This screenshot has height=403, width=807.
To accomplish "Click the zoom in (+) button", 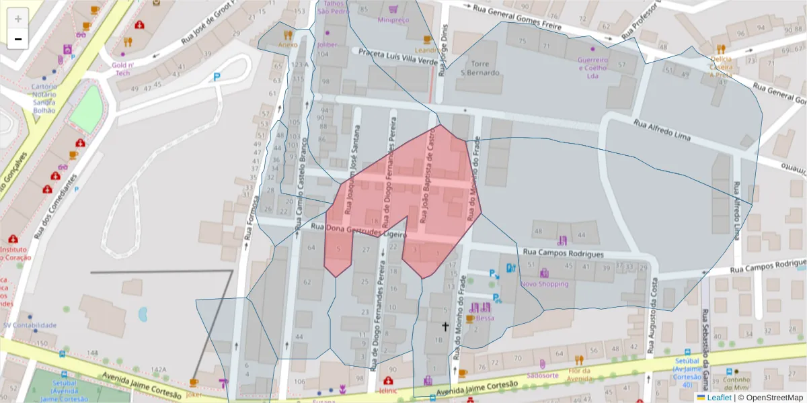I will point(17,19).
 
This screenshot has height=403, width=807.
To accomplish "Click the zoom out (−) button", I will point(17,39).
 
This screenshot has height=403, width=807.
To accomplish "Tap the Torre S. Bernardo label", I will point(477,67).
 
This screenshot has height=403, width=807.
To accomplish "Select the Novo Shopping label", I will point(545,283).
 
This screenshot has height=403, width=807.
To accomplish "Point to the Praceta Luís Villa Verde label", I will point(397,56).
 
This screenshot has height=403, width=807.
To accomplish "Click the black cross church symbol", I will point(444,326).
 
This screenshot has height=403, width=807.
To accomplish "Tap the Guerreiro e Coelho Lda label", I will point(592,67).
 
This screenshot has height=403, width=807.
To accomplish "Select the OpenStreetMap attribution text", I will point(770,398).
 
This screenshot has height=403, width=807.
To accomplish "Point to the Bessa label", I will point(482,318).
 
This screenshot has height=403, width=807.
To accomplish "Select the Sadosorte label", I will point(543,375).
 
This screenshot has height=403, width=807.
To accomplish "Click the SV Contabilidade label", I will point(30,325).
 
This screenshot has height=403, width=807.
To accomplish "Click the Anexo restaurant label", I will point(288,45).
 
